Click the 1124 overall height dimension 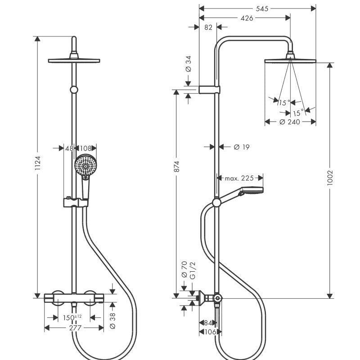click(38, 166)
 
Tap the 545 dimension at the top click(257, 8)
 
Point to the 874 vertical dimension click(177, 166)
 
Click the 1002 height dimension click(331, 175)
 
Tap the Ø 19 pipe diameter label click(241, 147)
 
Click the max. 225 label click(239, 178)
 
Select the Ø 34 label click(188, 63)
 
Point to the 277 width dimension click(74, 328)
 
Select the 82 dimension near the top click(208, 27)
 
